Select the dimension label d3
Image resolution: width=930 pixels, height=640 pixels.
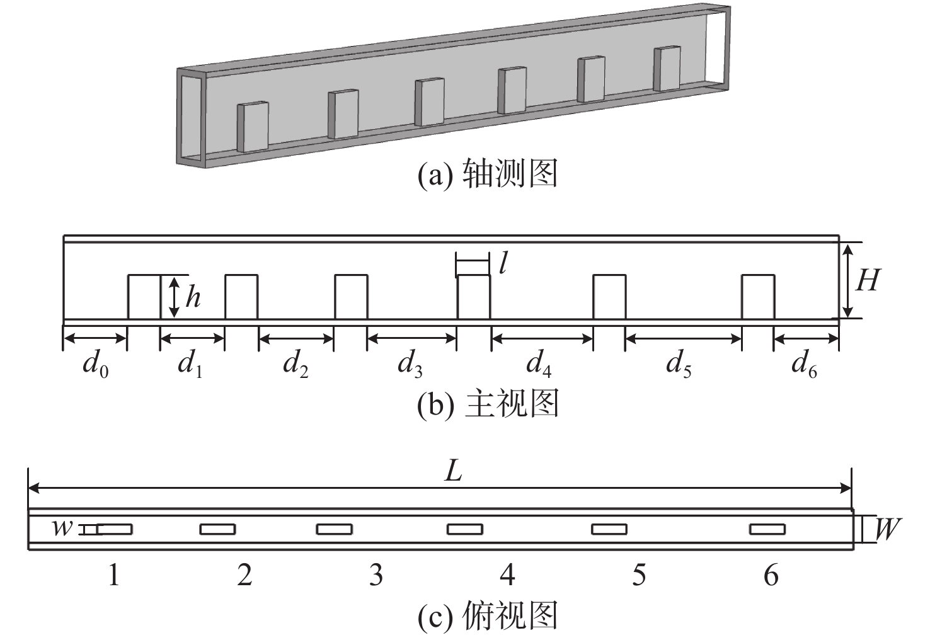pos(410,364)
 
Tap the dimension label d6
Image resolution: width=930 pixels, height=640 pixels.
pos(804,364)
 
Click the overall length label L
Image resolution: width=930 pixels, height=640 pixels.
pos(454,471)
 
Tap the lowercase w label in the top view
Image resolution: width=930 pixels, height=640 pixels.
pos(62,528)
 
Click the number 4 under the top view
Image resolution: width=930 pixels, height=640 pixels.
pos(507,575)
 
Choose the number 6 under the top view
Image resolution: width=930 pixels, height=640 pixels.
pos(771,575)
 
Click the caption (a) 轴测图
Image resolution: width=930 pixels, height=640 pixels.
pos(488,174)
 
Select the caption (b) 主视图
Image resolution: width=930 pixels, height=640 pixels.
pos(488,404)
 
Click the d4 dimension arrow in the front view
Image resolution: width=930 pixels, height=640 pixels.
pos(542,339)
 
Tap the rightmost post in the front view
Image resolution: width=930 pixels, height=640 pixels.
pos(758,297)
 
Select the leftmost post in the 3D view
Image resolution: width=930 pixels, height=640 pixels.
pos(253,127)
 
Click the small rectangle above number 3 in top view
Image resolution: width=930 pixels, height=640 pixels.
pos(335,529)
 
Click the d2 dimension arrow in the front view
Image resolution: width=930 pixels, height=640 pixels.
pos(296,339)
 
